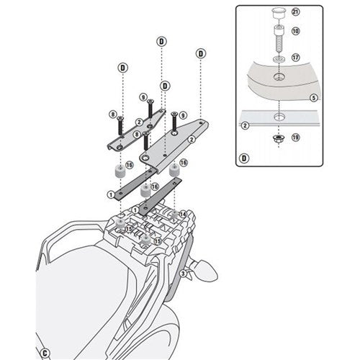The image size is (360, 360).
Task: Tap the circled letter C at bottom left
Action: click(45, 354)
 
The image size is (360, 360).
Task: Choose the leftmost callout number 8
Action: click(113, 114)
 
